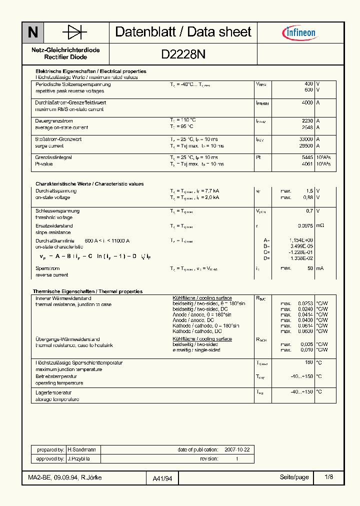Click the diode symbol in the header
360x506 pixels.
74,32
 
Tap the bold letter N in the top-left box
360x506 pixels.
32,32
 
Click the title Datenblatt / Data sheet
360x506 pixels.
183,32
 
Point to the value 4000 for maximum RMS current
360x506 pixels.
307,102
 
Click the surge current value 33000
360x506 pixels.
305,139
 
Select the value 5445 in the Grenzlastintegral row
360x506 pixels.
307,157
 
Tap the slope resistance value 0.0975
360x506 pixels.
304,226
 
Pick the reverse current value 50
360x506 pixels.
310,268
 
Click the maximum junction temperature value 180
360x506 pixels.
309,362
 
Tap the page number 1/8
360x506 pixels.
328,477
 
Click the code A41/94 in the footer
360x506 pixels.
162,478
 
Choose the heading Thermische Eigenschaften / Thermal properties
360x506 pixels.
87,291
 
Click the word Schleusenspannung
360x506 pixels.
54,211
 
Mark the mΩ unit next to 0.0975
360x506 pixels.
320,226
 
